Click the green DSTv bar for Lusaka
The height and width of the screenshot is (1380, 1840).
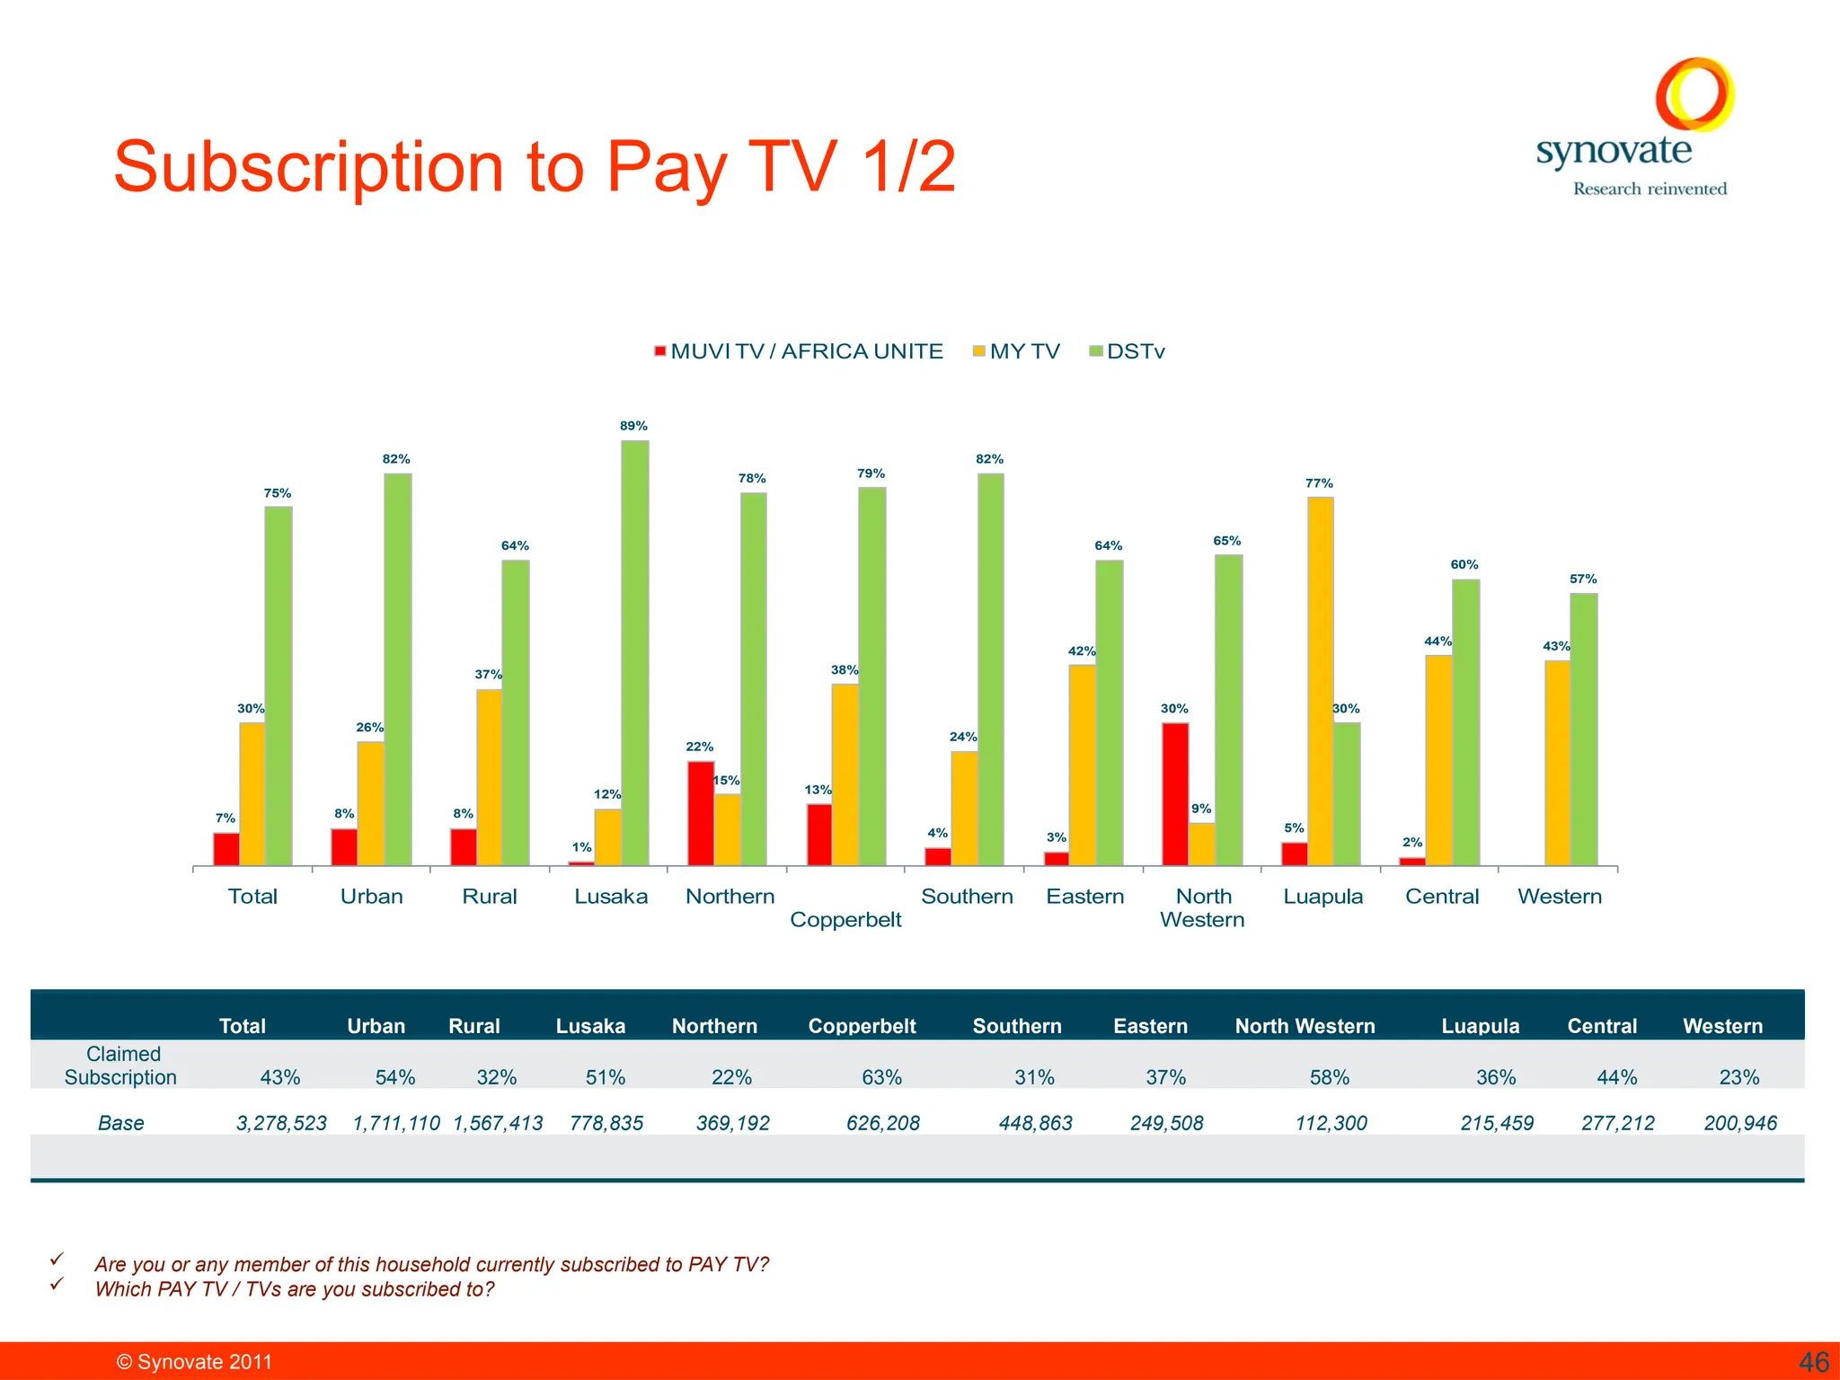click(x=634, y=653)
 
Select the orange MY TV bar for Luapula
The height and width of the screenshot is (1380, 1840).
click(x=1320, y=681)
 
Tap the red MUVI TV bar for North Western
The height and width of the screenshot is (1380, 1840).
click(x=1175, y=794)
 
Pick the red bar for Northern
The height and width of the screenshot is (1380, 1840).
click(x=701, y=813)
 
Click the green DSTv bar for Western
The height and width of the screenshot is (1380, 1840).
click(x=1583, y=730)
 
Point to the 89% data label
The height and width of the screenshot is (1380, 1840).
click(x=633, y=426)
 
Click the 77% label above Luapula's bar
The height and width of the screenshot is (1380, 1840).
click(x=1319, y=483)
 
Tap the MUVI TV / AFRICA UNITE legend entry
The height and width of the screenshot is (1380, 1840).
click(x=799, y=351)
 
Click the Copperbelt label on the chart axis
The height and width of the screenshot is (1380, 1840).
click(x=845, y=919)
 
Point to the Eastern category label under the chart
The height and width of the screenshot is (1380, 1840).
click(x=1084, y=896)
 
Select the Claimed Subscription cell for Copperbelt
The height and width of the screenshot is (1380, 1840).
click(x=881, y=1077)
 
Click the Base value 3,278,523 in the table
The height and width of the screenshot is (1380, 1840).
click(x=281, y=1123)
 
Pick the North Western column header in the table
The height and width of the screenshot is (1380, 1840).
click(x=1305, y=1026)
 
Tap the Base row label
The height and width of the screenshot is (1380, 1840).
click(x=120, y=1123)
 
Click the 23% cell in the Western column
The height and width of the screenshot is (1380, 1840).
click(x=1738, y=1077)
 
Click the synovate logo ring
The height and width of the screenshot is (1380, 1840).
click(x=1694, y=93)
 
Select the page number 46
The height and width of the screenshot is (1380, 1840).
click(x=1813, y=1362)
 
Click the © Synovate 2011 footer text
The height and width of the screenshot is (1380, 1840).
click(x=194, y=1362)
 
